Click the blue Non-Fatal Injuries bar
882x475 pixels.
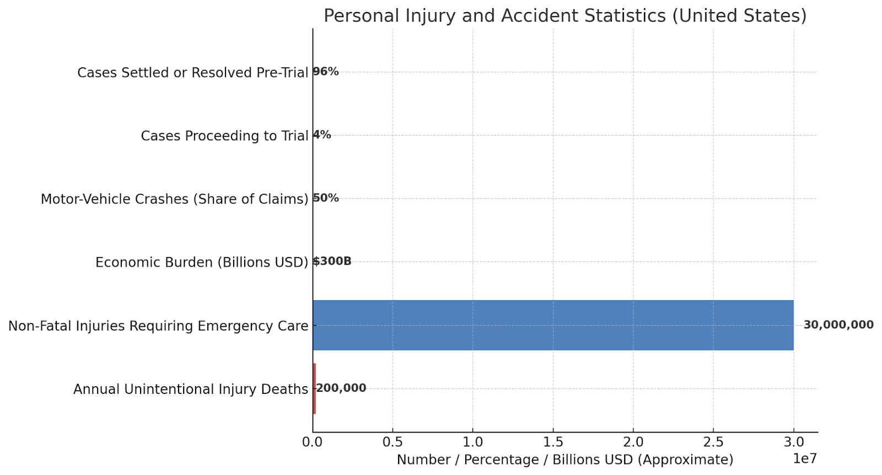(553, 325)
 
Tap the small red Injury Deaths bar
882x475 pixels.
(314, 388)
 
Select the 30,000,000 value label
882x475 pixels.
(838, 325)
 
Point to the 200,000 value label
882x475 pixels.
(341, 388)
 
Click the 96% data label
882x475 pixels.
(326, 72)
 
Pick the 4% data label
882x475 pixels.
(322, 135)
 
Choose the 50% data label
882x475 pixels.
(326, 198)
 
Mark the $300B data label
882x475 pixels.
(332, 261)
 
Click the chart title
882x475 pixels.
(564, 15)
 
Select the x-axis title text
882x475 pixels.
(564, 460)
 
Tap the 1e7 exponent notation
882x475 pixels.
(804, 459)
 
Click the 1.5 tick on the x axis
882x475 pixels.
(553, 442)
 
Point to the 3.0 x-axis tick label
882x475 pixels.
(793, 442)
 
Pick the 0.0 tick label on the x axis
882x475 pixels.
(313, 442)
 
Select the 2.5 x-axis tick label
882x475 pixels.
(713, 442)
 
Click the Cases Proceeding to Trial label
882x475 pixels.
(224, 136)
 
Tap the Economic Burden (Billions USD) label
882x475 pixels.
(202, 262)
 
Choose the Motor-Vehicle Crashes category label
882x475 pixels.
(174, 199)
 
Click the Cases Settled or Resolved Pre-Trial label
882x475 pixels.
(192, 73)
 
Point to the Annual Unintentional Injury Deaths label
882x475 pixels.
(190, 389)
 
